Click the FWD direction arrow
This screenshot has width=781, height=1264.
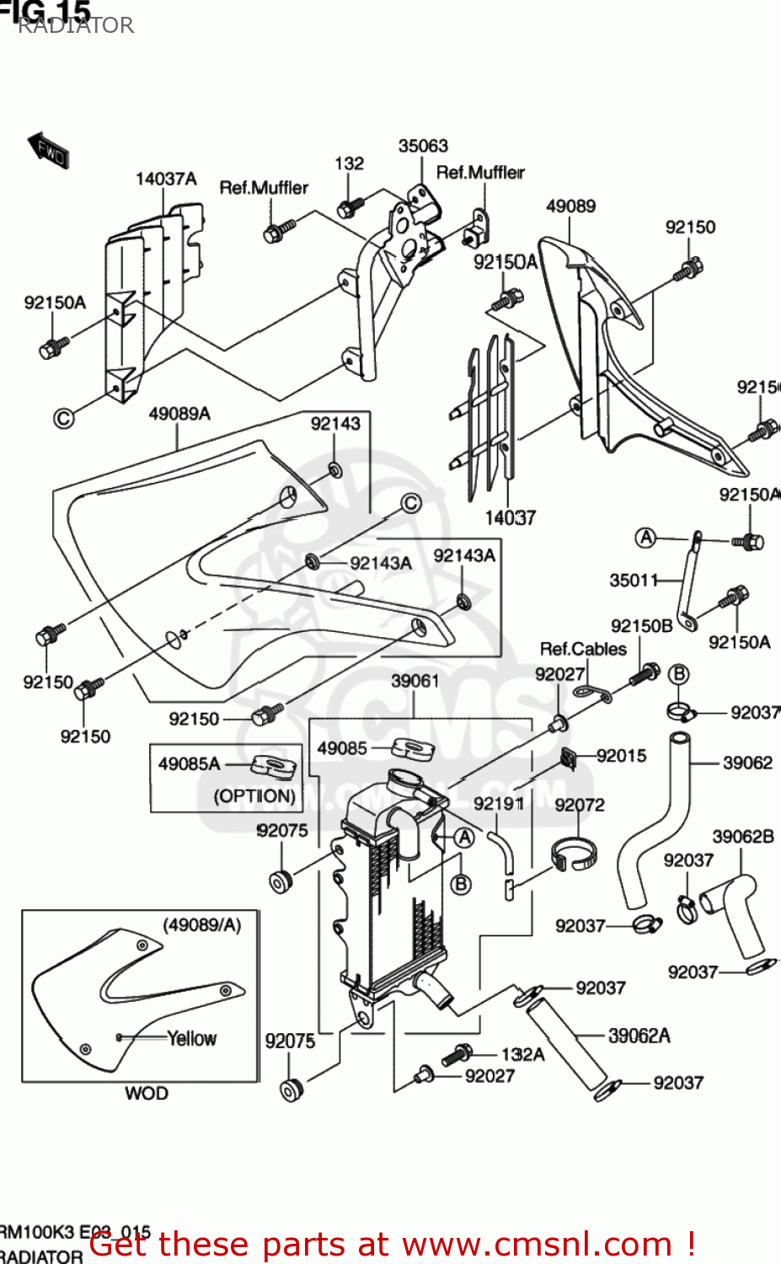48,150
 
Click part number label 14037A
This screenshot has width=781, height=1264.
166,179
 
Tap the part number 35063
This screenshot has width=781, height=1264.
423,146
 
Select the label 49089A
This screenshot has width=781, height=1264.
179,414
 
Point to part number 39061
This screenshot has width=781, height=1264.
415,681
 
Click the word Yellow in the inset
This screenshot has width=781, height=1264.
192,1038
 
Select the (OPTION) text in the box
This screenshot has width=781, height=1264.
254,795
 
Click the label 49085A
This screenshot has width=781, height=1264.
190,763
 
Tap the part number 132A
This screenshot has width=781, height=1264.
522,1054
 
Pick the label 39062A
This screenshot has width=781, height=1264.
639,1036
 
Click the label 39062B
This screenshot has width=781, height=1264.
742,837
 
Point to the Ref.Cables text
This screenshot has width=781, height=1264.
583,649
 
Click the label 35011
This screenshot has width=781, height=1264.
634,580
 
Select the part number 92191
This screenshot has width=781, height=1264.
499,803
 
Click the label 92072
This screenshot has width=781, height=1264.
580,805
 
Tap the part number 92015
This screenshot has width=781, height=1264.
621,756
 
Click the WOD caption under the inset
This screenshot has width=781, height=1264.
147,1093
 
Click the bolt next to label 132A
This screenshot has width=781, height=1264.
457,1053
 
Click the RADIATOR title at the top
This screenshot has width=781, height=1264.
76,25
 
